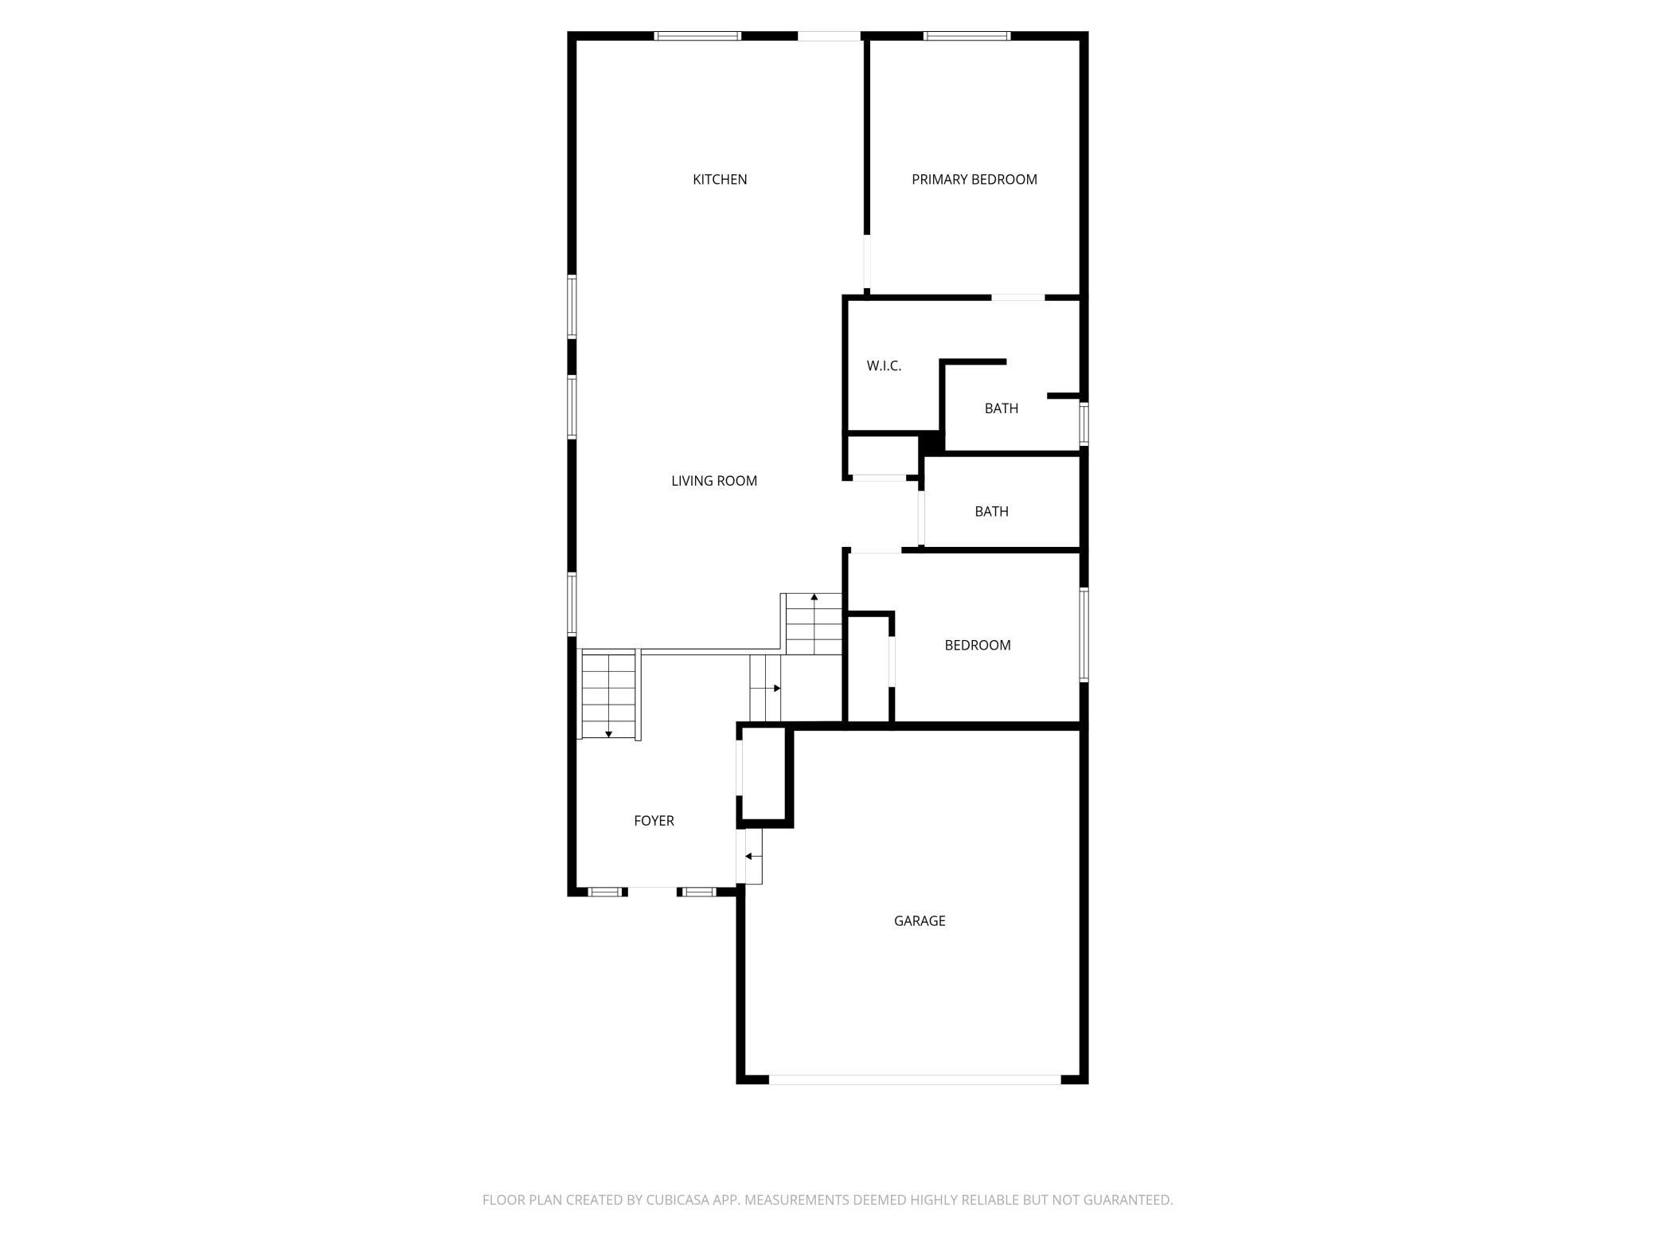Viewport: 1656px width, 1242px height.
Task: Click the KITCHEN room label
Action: coord(720,180)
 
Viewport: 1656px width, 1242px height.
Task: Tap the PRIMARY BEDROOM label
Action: coord(974,180)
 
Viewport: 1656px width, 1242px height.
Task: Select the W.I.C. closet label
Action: coord(884,366)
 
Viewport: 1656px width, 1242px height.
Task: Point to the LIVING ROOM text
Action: coord(714,481)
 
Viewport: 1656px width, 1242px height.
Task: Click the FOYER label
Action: coord(654,821)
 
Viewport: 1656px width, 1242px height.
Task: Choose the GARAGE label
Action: coord(920,921)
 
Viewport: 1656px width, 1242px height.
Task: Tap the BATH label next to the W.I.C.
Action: coord(1002,408)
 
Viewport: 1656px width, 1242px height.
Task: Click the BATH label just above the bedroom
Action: coord(992,512)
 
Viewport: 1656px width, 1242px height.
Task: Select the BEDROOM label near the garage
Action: coord(978,646)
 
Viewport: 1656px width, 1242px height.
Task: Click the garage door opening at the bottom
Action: coord(915,1080)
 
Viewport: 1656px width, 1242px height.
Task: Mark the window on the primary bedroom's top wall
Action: coord(967,36)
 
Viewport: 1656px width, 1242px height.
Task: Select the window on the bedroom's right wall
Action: coord(1084,635)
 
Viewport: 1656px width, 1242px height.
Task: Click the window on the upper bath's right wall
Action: coord(1084,424)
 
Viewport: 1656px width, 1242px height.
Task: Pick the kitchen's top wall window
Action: coord(698,36)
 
